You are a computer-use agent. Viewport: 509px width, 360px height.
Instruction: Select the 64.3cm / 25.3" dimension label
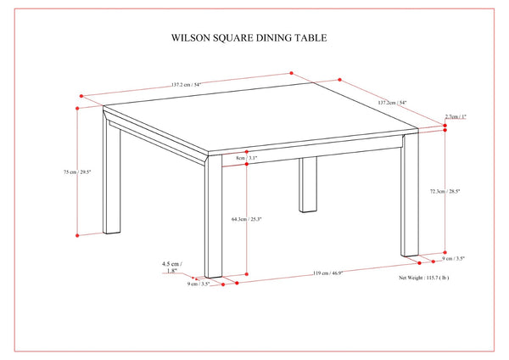click(x=247, y=219)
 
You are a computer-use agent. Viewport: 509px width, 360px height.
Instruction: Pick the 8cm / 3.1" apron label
click(x=247, y=158)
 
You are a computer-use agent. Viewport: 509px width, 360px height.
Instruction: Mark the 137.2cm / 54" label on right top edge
click(x=392, y=103)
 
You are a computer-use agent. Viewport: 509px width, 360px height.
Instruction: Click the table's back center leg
click(x=308, y=184)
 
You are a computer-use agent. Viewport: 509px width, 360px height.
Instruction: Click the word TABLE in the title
click(x=308, y=38)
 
